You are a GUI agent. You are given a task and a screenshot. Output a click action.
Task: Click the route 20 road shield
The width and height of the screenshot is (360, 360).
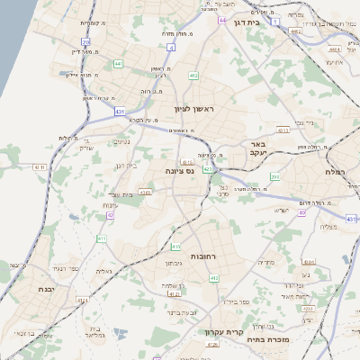click(x=85, y=41)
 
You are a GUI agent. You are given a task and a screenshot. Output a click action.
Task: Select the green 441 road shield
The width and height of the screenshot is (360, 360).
click(x=119, y=64)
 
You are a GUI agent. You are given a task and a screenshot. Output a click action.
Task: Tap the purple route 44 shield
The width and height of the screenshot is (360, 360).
click(x=221, y=20)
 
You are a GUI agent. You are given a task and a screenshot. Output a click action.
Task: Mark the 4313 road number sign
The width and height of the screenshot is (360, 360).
click(x=283, y=130)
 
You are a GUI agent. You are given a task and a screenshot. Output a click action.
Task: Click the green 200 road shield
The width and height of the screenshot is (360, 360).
click(x=275, y=177)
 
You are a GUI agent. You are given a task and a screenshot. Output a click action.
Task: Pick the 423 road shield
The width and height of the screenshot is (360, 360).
click(x=208, y=168)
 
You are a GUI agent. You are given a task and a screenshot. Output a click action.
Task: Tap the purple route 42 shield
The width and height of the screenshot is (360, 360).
click(x=111, y=216)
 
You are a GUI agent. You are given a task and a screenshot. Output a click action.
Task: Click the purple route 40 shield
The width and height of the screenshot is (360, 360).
click(x=302, y=213)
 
